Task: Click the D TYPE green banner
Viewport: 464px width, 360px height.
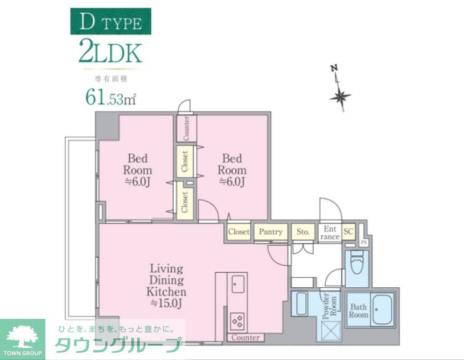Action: click(x=110, y=22)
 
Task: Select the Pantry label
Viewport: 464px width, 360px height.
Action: click(x=271, y=232)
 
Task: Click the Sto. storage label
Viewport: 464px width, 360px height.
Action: click(x=302, y=232)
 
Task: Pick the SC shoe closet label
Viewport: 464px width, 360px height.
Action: click(x=349, y=232)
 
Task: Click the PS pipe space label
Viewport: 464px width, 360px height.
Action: click(x=364, y=243)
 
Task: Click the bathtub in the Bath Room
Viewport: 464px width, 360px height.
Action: click(x=382, y=309)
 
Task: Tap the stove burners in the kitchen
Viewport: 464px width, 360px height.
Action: click(x=238, y=321)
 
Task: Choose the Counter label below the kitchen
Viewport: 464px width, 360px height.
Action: click(x=245, y=337)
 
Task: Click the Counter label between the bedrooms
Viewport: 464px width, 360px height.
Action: click(x=186, y=128)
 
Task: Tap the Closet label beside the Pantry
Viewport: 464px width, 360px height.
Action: click(x=239, y=232)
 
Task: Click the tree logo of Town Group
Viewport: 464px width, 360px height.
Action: click(x=22, y=335)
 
